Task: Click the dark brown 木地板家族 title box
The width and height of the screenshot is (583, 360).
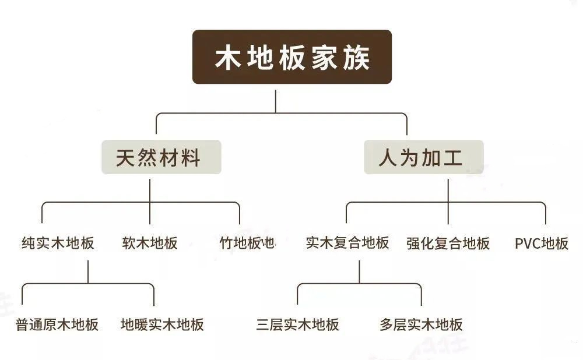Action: click(292, 57)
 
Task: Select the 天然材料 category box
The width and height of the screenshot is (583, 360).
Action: click(161, 157)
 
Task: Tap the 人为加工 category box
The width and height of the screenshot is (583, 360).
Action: click(423, 157)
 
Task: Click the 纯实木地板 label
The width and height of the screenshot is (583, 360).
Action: click(58, 243)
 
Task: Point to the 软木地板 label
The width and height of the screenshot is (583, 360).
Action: click(150, 243)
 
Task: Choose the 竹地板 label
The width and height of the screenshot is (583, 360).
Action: click(240, 243)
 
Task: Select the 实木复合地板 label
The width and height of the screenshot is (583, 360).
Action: click(347, 243)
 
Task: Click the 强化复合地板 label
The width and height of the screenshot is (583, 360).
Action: click(448, 243)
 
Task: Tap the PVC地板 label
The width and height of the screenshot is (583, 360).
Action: click(542, 243)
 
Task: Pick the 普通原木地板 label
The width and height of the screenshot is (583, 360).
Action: click(57, 324)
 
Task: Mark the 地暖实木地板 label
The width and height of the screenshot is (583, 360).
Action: click(162, 324)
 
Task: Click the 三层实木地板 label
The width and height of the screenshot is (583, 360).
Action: click(297, 324)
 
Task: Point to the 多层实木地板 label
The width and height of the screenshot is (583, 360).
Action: click(421, 324)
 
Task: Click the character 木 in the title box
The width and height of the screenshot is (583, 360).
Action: click(228, 58)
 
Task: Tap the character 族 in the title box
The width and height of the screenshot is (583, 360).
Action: click(356, 58)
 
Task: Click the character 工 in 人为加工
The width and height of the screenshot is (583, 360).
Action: click(452, 158)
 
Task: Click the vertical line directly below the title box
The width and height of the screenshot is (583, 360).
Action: click(276, 101)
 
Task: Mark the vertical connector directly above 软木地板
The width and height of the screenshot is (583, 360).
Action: click(150, 202)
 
